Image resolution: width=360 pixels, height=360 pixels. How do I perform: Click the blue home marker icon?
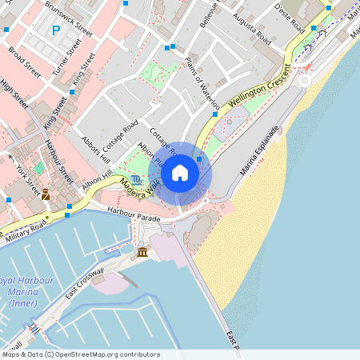click(180, 173)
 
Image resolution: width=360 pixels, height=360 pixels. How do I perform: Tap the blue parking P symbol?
click(55, 31)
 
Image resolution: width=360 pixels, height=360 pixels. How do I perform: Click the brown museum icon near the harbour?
click(142, 253)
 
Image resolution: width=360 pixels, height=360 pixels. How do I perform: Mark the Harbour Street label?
click(59, 162)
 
